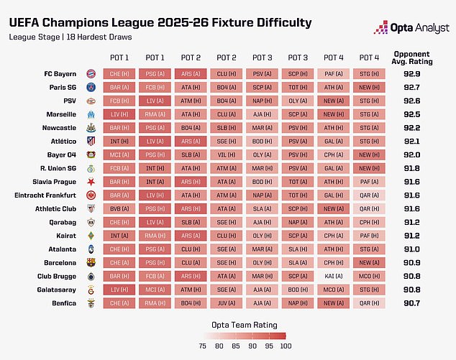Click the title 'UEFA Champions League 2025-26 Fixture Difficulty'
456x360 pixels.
pos(160,23)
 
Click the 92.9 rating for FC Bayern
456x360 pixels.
pos(414,73)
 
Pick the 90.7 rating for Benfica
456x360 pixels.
pos(414,303)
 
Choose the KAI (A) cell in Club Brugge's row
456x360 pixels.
pos(333,276)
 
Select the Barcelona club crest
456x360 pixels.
pos(91,262)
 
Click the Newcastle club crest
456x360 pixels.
pos(91,128)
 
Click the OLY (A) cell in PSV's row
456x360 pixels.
pos(297,101)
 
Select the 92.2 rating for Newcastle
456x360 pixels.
pos(414,128)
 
